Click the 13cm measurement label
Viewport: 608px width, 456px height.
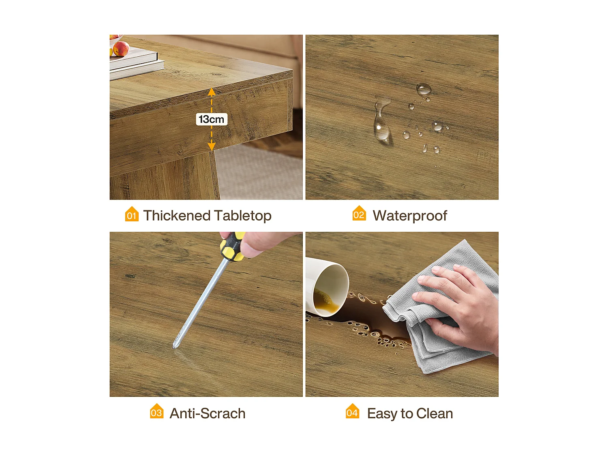(x=211, y=119)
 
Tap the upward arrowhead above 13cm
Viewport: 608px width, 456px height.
(x=212, y=92)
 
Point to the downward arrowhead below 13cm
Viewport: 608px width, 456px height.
(x=212, y=146)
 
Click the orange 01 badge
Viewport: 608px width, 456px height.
(x=132, y=214)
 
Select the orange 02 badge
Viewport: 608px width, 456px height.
(x=359, y=214)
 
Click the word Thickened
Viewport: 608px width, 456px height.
(x=176, y=215)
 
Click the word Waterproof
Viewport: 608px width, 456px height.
(x=410, y=216)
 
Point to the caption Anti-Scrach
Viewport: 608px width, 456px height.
(x=208, y=413)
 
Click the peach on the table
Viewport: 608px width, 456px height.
(x=121, y=49)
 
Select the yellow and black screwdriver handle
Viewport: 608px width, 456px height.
(x=232, y=246)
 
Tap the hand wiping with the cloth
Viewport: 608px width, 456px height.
(x=462, y=302)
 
